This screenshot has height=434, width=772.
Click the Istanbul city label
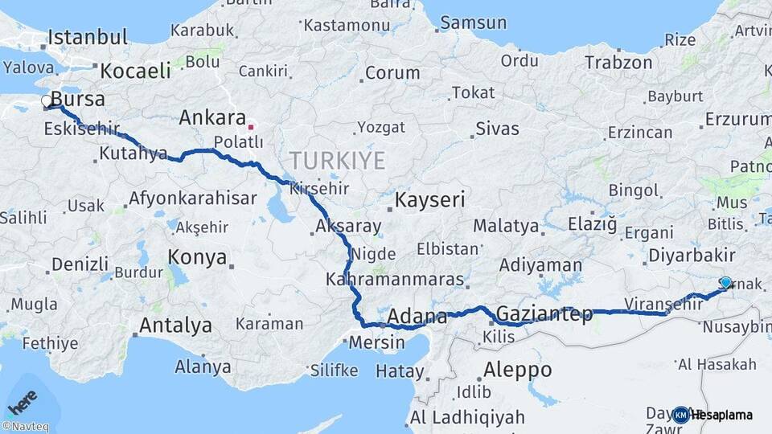pos(88,37)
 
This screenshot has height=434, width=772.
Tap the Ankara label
pos(212,118)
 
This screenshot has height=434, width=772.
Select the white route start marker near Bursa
pos(47,101)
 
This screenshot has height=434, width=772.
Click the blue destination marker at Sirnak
pos(726,282)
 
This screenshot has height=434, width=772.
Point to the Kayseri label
pos(429,199)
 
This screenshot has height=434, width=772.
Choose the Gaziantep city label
pos(544,313)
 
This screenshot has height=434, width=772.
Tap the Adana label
pos(417,316)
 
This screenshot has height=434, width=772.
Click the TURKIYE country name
pos(338,161)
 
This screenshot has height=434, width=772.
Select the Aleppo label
pos(518,371)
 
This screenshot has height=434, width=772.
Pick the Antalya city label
pos(176,325)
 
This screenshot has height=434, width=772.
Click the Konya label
pos(197,257)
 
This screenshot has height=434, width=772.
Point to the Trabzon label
pos(618,62)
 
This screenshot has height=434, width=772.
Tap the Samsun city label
pos(473,23)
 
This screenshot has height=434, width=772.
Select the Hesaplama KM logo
pos(712,415)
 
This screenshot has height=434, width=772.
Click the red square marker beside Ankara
pos(251,126)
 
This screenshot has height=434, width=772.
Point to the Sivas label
pos(497,129)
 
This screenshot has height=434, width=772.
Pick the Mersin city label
pos(378,342)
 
